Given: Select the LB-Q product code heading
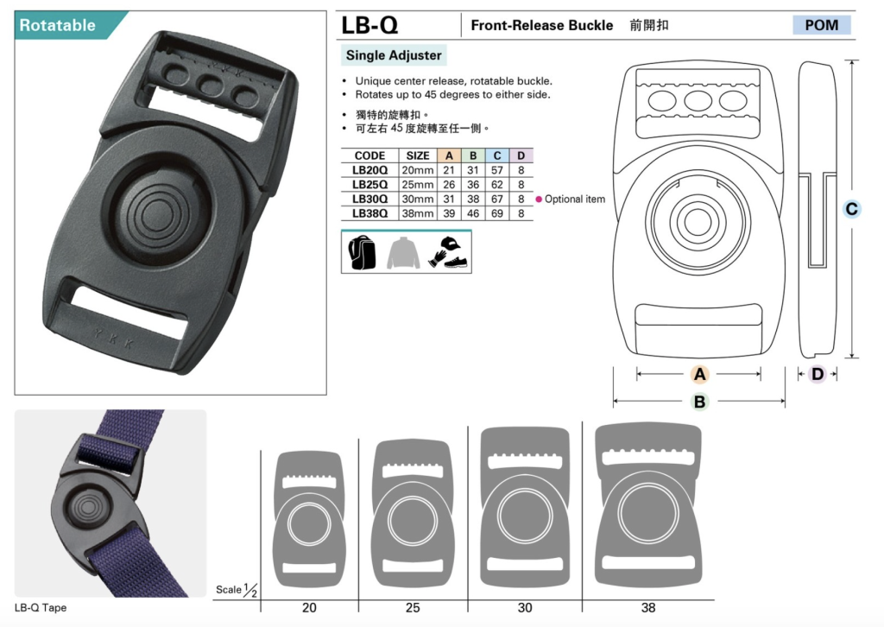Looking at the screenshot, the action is coord(369,25).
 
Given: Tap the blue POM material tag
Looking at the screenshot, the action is coord(822,25).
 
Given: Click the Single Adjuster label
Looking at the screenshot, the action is coord(394,55).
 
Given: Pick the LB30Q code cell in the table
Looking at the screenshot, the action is coord(369,199).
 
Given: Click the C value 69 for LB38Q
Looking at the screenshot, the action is coord(496,213).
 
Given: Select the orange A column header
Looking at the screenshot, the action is coord(449,155).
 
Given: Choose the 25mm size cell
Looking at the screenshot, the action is coord(418,184).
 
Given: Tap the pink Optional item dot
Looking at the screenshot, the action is coord(539,199).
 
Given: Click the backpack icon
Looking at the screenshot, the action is coord(362,252).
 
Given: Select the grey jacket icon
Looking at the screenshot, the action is coord(403,252).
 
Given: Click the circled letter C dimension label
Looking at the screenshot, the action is coord(851,209).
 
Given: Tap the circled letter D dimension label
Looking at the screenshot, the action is coord(817,374).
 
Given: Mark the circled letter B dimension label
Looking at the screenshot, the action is coord(699,402).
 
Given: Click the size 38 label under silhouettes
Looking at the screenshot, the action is coord(648,607).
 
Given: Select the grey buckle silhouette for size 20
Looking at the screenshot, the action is coord(308,519).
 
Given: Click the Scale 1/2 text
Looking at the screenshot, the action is coord(237,590).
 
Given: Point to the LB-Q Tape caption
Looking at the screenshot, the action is coord(41,608).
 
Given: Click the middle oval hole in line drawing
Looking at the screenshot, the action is coord(698,102).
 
